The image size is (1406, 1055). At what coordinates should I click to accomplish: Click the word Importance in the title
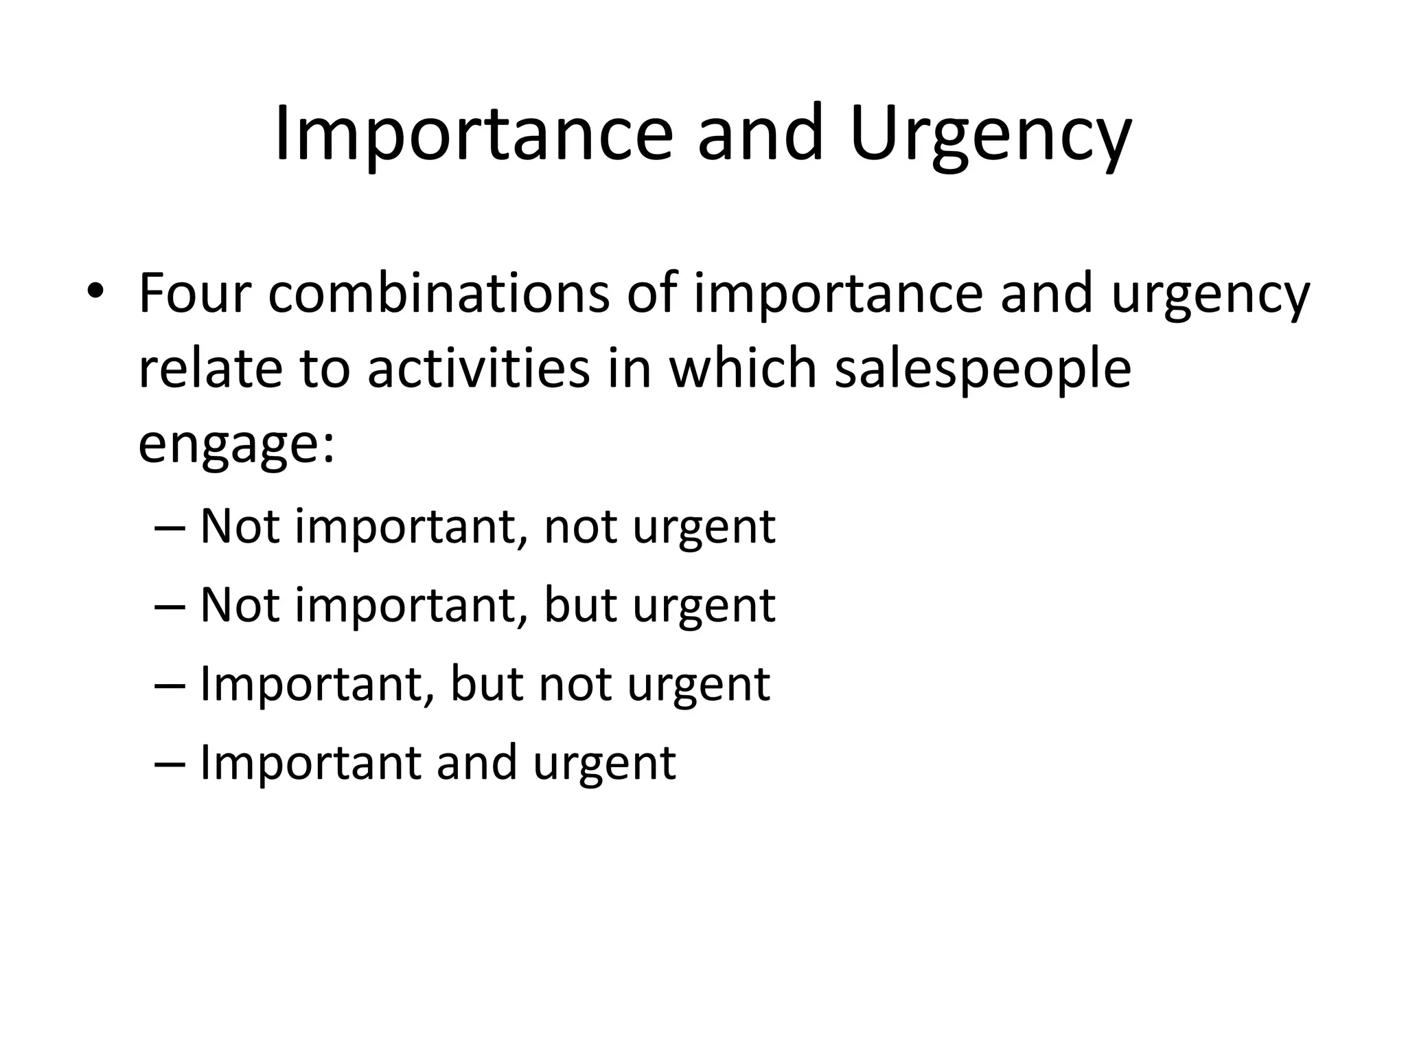coord(473,133)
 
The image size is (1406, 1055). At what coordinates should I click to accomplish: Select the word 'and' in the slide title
coord(760,133)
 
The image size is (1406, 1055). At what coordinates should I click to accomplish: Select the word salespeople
coord(982,369)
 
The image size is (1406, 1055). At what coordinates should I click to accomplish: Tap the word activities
coord(479,369)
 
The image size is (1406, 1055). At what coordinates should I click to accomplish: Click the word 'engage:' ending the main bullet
coord(236,444)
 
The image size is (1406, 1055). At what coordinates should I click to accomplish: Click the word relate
coord(210,369)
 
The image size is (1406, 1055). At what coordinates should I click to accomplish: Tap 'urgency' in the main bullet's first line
coord(1210,293)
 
